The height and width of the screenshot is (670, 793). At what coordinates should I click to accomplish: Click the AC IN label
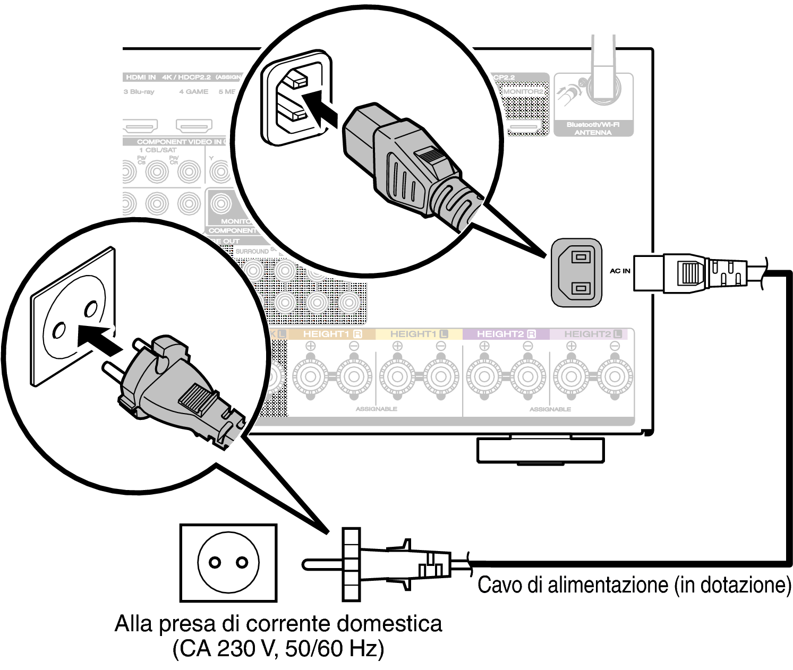pyautogui.click(x=620, y=271)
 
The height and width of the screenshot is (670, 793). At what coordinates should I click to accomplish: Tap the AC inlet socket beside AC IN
pyautogui.click(x=577, y=272)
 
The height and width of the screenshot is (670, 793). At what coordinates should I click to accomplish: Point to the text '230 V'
pyautogui.click(x=244, y=648)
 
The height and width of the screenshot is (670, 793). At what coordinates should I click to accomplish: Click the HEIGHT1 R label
pyautogui.click(x=332, y=334)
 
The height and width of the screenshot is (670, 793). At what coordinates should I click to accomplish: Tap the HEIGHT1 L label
pyautogui.click(x=419, y=334)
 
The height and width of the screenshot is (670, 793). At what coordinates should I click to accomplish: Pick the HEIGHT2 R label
pyautogui.click(x=506, y=334)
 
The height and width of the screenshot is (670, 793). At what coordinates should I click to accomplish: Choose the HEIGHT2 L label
pyautogui.click(x=592, y=334)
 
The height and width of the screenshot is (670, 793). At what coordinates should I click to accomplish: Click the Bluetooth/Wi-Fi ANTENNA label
pyautogui.click(x=593, y=128)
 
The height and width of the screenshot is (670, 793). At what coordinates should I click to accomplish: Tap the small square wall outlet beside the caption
pyautogui.click(x=228, y=563)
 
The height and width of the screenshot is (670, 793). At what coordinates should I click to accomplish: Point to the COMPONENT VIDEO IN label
pyautogui.click(x=179, y=142)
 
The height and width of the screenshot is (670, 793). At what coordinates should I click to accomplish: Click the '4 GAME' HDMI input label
pyautogui.click(x=193, y=92)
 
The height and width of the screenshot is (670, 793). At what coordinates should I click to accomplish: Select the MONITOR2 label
pyautogui.click(x=523, y=91)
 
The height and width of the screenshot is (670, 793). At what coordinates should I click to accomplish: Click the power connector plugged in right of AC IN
pyautogui.click(x=690, y=273)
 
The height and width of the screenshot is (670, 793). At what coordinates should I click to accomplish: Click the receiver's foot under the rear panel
pyautogui.click(x=540, y=450)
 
